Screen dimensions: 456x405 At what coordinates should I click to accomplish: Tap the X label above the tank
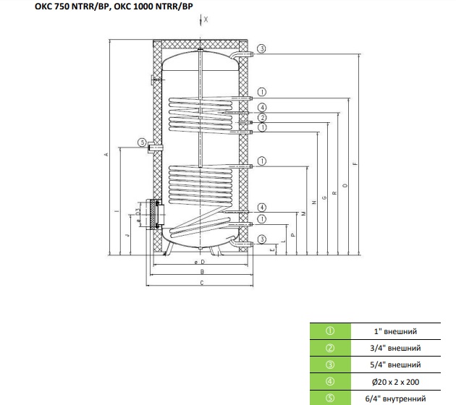tap(206, 20)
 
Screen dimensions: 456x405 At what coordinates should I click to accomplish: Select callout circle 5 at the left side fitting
tap(142, 142)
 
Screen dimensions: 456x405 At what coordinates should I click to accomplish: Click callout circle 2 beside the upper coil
tap(262, 117)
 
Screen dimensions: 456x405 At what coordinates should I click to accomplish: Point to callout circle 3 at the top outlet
tap(262, 48)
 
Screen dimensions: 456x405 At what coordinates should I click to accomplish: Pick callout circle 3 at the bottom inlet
tap(262, 239)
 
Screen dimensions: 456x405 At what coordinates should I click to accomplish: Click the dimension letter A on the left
tap(106, 154)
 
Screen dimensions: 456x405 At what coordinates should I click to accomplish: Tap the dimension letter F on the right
tap(355, 164)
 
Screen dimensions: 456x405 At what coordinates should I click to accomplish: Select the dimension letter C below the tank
tap(202, 283)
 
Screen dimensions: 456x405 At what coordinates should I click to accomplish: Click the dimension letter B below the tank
tap(203, 272)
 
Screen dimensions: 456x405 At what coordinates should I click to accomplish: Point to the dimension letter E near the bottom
tap(272, 250)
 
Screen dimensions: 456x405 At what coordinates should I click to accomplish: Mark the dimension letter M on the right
tap(304, 213)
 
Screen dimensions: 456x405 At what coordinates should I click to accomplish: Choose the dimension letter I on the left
tap(117, 211)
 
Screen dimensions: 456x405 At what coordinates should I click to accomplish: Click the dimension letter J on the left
tap(127, 235)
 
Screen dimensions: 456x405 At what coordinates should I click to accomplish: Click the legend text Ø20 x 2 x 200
tap(395, 382)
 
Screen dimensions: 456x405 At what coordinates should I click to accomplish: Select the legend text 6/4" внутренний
tap(395, 398)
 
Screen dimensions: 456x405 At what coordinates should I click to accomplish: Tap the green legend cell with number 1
tap(330, 331)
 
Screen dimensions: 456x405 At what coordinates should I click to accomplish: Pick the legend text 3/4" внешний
tap(395, 348)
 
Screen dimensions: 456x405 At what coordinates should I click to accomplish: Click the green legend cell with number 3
tap(330, 365)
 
